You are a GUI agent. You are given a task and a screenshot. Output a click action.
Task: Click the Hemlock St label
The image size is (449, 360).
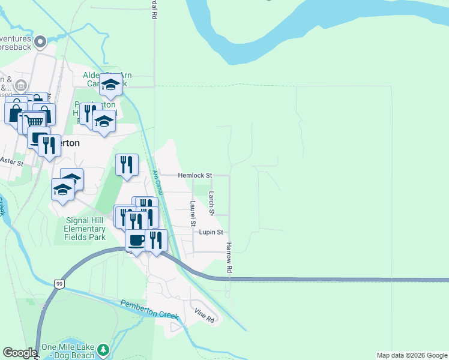[195, 176]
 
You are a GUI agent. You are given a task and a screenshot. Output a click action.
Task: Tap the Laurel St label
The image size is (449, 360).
[193, 214]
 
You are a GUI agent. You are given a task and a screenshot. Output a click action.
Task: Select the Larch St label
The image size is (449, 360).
[211, 203]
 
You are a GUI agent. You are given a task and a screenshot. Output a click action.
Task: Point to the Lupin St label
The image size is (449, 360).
[211, 232]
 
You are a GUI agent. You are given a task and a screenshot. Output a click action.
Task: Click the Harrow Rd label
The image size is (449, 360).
[229, 258]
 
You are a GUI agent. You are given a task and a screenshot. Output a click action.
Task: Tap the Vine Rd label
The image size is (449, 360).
[205, 316]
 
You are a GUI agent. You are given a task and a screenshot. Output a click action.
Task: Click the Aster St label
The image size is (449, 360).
[11, 162]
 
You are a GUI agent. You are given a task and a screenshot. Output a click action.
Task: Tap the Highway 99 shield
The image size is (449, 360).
[59, 284]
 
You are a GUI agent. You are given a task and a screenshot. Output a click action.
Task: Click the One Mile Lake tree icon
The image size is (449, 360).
[104, 349]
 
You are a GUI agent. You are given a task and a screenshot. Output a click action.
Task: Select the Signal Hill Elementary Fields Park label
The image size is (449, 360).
[85, 228]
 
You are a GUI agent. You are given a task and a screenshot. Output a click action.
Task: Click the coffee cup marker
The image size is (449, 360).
[136, 240]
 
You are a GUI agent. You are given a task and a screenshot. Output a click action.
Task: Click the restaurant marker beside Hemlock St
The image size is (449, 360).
[127, 164]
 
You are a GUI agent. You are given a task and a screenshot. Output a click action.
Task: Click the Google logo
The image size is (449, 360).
[19, 353]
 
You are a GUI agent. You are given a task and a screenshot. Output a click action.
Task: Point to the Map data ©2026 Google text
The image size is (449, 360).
[412, 355]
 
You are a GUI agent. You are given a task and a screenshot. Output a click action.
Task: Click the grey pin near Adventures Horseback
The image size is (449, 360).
[40, 42]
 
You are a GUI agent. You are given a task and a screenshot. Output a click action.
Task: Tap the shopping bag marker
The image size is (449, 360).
[16, 112]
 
